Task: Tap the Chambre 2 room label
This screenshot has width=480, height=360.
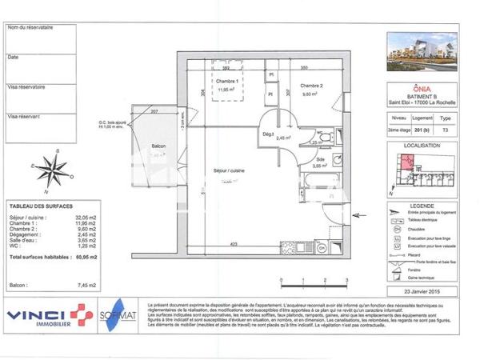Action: [311, 86]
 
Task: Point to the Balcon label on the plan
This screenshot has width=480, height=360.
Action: [158, 146]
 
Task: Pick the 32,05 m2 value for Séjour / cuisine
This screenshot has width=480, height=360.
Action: [86, 218]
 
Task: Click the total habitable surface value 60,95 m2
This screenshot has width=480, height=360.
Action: [86, 258]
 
